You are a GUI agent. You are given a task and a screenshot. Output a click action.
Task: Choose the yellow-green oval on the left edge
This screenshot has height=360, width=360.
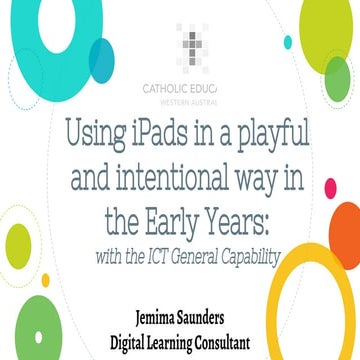pos(17,244)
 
